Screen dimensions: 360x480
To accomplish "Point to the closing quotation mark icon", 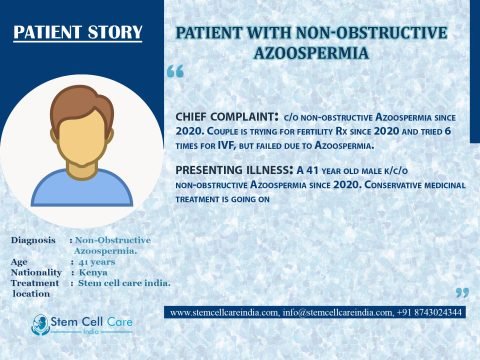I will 461,293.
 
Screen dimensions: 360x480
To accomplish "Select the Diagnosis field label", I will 34,241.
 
